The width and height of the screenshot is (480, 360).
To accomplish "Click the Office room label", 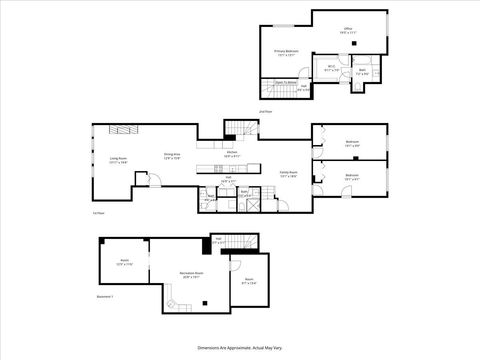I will point(348,31).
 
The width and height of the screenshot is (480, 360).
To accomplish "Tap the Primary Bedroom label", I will point(287,52).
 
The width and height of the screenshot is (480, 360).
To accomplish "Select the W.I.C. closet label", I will point(332,68).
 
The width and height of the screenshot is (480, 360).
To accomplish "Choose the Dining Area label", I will point(171,156).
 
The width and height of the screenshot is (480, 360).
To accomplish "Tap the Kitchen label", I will point(231,154).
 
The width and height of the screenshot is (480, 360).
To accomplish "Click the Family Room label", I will point(289,174).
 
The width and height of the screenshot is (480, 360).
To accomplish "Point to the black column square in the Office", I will point(355,45).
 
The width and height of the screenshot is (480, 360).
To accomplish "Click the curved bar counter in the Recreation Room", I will point(176,302).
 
